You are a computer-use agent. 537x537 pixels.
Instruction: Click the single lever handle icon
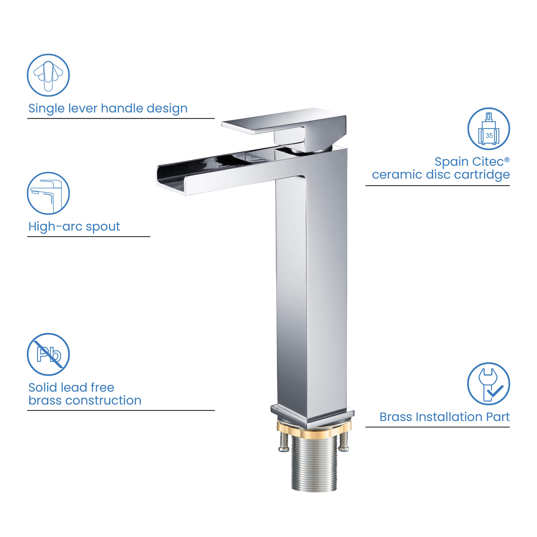[48, 75]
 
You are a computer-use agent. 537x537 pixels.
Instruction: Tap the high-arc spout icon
[48, 193]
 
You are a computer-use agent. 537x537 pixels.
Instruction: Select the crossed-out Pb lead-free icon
[48, 354]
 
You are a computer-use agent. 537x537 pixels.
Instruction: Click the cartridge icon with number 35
[488, 129]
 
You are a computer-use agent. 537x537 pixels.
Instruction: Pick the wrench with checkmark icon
[488, 384]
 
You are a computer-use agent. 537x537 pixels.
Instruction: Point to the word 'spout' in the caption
[103, 227]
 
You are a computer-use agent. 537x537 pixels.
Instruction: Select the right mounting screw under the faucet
[344, 441]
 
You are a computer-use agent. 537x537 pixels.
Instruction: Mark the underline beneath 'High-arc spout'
[89, 236]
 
